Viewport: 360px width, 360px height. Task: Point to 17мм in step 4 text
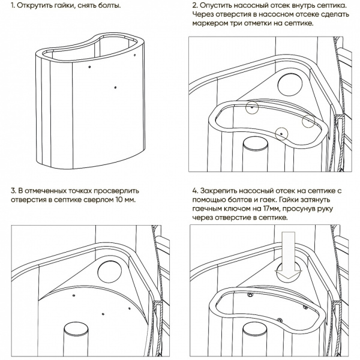[x=274, y=208]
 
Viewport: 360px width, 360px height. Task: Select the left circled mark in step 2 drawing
[x=254, y=107]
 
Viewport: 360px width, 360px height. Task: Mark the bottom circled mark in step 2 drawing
[x=280, y=131]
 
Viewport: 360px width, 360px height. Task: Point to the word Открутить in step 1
[x=35, y=5]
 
